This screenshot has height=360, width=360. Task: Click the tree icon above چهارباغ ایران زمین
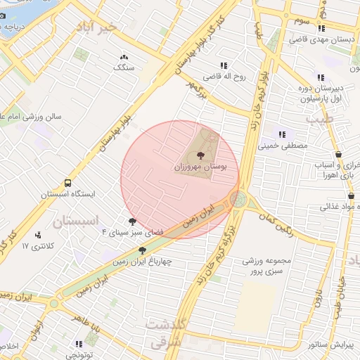(142, 250)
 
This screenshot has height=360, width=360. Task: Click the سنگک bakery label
(124, 68)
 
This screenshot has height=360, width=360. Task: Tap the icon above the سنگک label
(124, 57)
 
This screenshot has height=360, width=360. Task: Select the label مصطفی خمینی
(285, 146)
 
